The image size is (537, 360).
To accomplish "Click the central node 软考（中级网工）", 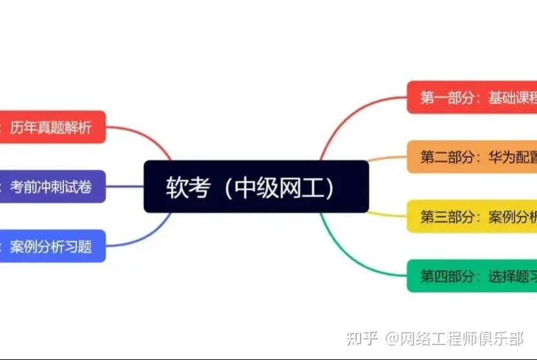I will pyautogui.click(x=256, y=186).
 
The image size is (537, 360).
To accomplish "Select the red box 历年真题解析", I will pyautogui.click(x=52, y=127).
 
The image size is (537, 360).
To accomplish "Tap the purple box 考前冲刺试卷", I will pyautogui.click(x=52, y=187).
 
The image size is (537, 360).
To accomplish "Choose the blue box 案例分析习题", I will pyautogui.click(x=52, y=246).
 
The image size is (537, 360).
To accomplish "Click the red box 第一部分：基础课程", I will pyautogui.click(x=472, y=98).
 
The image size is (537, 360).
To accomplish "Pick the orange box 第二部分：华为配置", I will pyautogui.click(x=472, y=157).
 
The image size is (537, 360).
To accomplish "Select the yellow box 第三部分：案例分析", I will pyautogui.click(x=472, y=217).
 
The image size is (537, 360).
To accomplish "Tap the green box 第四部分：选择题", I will pyautogui.click(x=472, y=276).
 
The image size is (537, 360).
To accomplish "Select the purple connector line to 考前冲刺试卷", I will pyautogui.click(x=125, y=187).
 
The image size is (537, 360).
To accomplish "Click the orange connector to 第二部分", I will pyautogui.click(x=388, y=158).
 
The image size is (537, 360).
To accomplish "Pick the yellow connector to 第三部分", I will pyautogui.click(x=388, y=214).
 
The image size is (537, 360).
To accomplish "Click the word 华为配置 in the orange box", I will pyautogui.click(x=512, y=157).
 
